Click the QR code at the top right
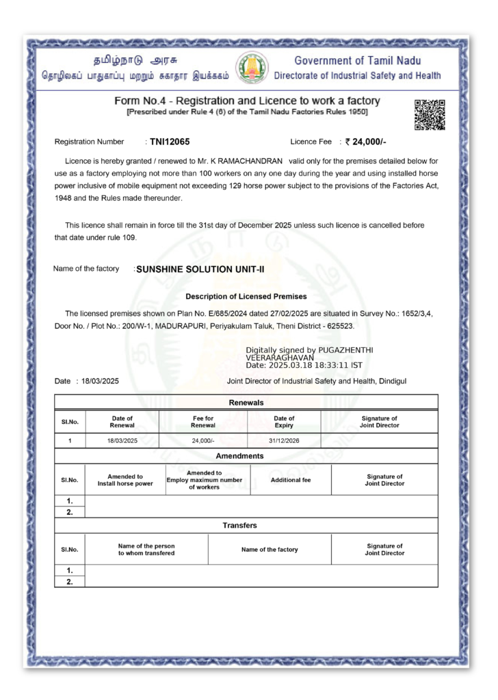tap(430, 114)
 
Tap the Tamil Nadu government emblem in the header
tap(252, 68)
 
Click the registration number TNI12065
tap(170, 142)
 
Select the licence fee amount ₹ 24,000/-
tap(366, 142)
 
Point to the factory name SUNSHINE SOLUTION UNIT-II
tap(200, 269)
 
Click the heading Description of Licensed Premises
tap(246, 297)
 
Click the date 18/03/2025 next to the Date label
tap(100, 381)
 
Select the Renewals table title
tap(246, 403)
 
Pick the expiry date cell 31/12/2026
tap(284, 441)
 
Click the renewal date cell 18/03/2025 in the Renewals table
tap(122, 441)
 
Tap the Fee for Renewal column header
tap(203, 422)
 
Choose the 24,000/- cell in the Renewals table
tap(203, 441)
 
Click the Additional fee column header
tap(291, 480)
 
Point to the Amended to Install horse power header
tap(125, 480)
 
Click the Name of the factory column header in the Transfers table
tap(270, 550)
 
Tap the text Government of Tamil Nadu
tap(358, 61)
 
